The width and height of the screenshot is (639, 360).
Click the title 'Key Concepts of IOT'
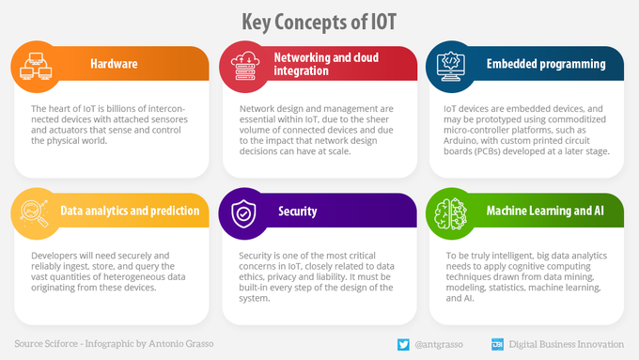(319, 21)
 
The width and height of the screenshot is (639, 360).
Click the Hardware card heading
(114, 64)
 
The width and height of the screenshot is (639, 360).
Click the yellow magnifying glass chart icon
(35, 213)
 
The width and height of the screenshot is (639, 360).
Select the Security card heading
(297, 211)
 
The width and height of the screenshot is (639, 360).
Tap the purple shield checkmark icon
(242, 213)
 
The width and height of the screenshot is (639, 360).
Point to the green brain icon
(450, 213)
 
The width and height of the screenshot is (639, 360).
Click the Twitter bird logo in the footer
(403, 344)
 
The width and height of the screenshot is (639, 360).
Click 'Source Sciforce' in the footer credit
(48, 344)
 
